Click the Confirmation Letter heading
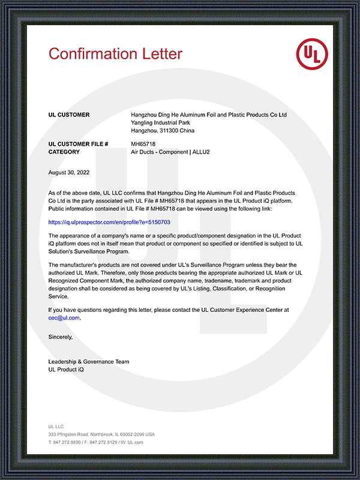[115, 53]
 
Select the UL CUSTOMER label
[69, 115]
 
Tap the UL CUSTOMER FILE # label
[78, 144]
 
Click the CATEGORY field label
[64, 152]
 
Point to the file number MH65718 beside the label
[143, 144]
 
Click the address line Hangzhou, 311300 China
[163, 130]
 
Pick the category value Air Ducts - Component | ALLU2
[170, 152]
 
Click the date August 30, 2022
[68, 173]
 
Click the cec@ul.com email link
[64, 318]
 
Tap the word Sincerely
[60, 337]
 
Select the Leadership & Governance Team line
[88, 362]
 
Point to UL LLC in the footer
[56, 426]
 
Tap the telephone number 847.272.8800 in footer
[70, 442]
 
